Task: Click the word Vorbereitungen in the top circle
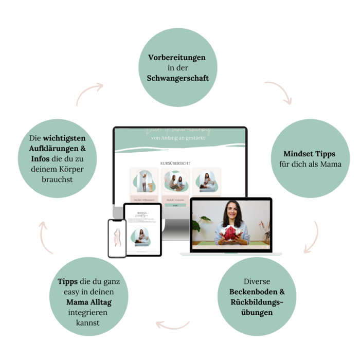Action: tap(176, 57)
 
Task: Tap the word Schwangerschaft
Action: tap(176, 79)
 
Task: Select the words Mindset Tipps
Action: tap(309, 154)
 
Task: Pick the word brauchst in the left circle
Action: tap(57, 179)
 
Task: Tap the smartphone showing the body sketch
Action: tap(117, 238)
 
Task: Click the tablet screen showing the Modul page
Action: tap(142, 229)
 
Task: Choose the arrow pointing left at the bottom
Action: tap(173, 323)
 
